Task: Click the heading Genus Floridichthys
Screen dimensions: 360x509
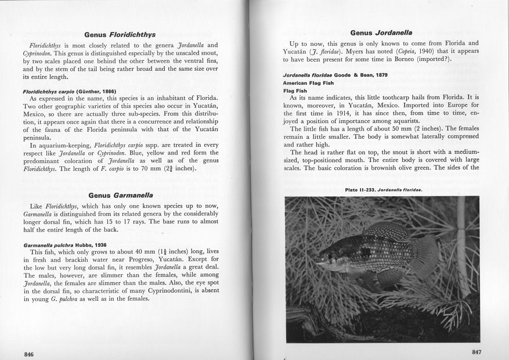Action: click(120, 35)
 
